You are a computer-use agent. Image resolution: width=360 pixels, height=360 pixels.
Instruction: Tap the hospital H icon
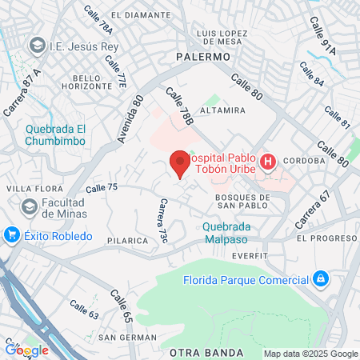click(x=269, y=162)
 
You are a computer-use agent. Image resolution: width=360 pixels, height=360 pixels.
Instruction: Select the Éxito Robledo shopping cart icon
click(x=11, y=235)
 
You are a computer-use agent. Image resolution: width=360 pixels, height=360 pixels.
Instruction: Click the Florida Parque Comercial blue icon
click(x=320, y=279)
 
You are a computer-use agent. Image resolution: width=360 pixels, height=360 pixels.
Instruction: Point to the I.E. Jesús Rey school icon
click(x=35, y=47)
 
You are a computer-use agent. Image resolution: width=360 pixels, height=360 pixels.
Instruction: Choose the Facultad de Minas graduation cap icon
click(x=30, y=208)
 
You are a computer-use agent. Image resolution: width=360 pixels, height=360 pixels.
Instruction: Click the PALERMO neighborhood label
click(x=202, y=58)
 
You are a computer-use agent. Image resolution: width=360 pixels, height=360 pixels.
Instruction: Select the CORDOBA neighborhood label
click(x=303, y=160)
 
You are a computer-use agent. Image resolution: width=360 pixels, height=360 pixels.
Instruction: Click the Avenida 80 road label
click(x=130, y=119)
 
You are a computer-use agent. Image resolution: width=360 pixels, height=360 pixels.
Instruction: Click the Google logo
click(x=26, y=350)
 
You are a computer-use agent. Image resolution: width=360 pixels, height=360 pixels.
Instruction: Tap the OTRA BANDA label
click(x=206, y=353)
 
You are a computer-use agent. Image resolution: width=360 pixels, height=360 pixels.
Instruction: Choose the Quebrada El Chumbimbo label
click(x=54, y=135)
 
